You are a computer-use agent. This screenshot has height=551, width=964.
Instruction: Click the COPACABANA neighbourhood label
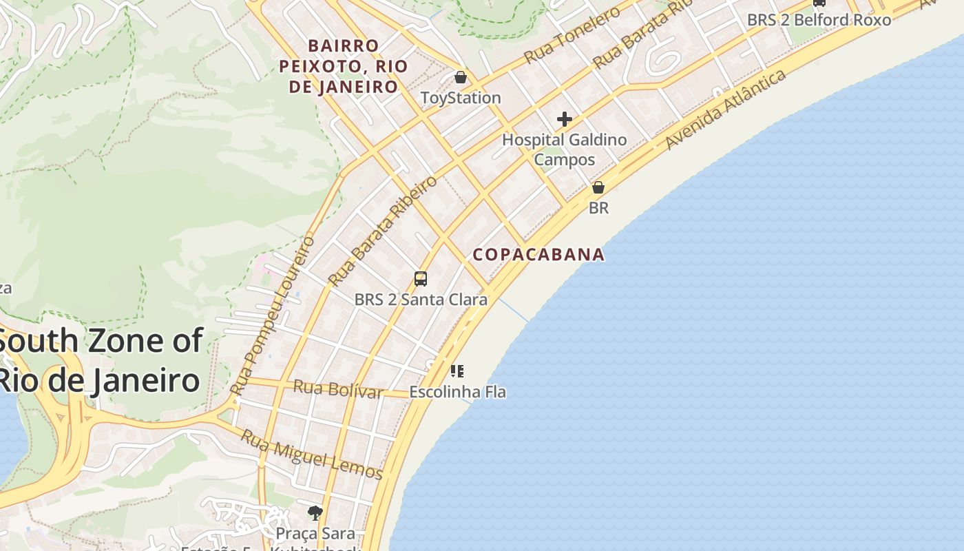pos(538,254)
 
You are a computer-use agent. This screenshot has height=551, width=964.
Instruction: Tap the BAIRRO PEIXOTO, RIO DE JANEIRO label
pos(343,66)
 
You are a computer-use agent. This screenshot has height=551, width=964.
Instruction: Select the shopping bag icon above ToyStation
pos(461,77)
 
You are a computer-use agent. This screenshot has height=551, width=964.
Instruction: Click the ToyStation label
pos(461,98)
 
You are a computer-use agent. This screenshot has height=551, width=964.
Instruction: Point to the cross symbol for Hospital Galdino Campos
pos(565,119)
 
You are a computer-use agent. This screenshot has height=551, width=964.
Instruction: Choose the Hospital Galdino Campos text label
pos(565,149)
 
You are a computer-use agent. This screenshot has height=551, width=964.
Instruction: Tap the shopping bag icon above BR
pos(598,187)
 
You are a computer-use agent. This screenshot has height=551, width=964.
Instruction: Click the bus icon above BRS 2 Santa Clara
pos(421,279)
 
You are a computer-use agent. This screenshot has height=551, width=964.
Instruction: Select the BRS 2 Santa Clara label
pos(421,300)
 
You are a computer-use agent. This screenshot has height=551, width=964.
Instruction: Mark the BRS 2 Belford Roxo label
pos(819,20)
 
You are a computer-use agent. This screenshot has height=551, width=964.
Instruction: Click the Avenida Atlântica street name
pos(726,109)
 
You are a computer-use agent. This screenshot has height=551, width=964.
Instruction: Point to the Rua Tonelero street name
pos(572,37)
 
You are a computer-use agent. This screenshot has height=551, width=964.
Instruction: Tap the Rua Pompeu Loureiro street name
pos(273,315)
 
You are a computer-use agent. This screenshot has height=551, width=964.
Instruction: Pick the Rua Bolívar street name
pos(337,389)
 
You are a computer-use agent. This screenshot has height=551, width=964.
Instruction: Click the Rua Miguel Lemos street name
pos(311,454)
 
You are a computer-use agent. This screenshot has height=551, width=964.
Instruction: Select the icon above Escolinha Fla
pos(457,372)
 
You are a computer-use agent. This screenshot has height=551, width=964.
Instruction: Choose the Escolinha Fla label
pos(457,392)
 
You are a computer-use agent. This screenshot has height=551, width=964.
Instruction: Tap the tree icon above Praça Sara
pos(315,512)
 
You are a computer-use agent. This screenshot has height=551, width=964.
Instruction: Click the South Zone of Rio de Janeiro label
pos(100,360)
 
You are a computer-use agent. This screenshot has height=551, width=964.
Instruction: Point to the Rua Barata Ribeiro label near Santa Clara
pos(383,231)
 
